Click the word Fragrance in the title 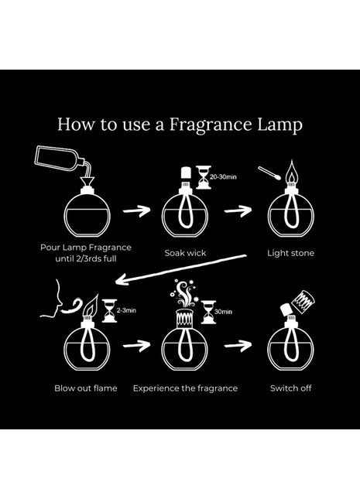211,125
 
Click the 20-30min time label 223,176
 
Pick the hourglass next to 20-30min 204,177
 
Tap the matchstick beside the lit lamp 269,173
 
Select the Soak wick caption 185,253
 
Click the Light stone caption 290,253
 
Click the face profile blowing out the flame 51,299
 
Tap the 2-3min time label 126,310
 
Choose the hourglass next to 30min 208,312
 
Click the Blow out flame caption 86,388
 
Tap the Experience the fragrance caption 185,388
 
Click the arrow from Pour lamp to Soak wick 137,210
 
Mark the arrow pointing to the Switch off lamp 238,346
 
